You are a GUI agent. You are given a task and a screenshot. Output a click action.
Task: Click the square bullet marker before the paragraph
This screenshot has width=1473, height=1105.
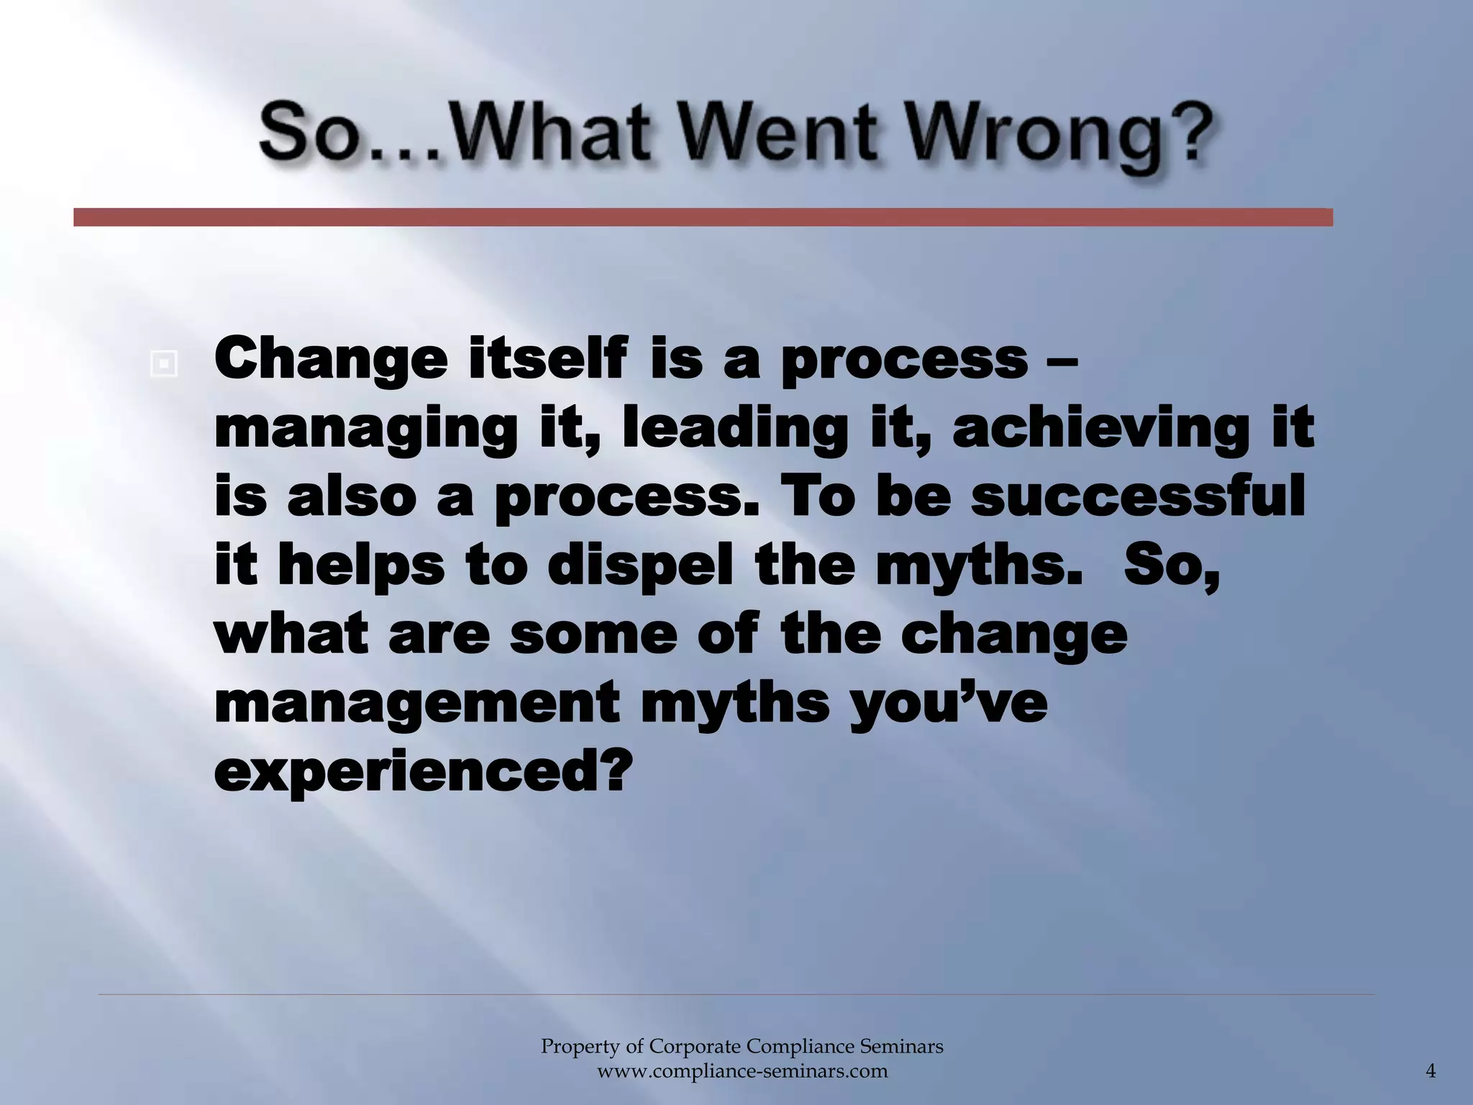164,365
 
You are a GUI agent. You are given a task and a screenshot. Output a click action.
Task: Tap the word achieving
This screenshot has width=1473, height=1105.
1100,429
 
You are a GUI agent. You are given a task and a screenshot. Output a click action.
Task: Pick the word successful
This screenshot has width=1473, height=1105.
1137,496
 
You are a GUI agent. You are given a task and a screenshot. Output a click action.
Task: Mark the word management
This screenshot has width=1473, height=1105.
416,704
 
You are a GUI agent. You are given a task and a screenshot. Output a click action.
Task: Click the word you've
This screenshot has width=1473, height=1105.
948,704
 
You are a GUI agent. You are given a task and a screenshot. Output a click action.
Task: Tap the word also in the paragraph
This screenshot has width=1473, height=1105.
352,496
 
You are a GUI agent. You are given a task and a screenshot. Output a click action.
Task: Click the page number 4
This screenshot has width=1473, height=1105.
1431,1071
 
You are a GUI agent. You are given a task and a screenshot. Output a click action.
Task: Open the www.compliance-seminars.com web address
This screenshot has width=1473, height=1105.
742,1071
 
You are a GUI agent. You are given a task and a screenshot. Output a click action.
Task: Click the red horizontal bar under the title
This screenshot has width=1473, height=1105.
703,217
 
